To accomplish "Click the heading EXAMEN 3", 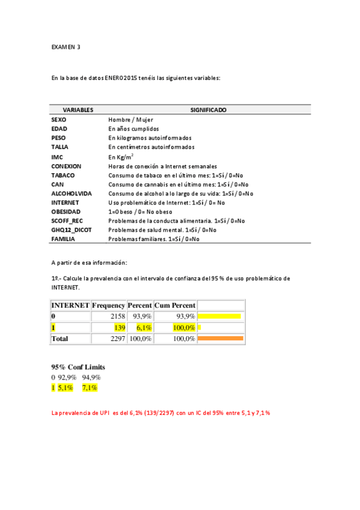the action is tap(66, 46).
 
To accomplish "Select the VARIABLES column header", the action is tap(78, 110).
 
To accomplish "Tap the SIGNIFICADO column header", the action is tap(208, 110).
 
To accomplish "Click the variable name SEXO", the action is tap(59, 120).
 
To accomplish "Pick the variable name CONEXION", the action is tap(66, 166).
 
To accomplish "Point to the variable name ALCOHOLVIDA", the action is tap(72, 194).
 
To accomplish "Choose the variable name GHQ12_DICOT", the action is tap(70, 230).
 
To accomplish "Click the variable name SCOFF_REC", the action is tap(67, 221).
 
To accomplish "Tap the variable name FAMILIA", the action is tap(63, 239).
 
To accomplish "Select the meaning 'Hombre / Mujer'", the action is tap(130, 120).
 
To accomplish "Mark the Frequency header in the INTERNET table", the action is tap(108, 305).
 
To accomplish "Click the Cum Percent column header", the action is tap(175, 305).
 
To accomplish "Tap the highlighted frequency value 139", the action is tap(119, 327).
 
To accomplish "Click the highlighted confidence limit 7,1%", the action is tap(90, 388).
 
